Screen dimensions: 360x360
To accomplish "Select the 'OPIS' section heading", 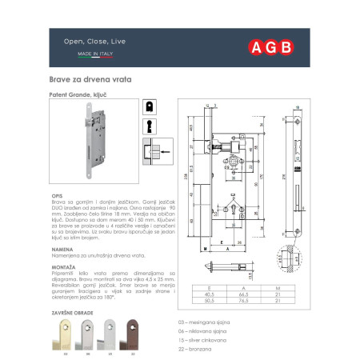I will [58, 194].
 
